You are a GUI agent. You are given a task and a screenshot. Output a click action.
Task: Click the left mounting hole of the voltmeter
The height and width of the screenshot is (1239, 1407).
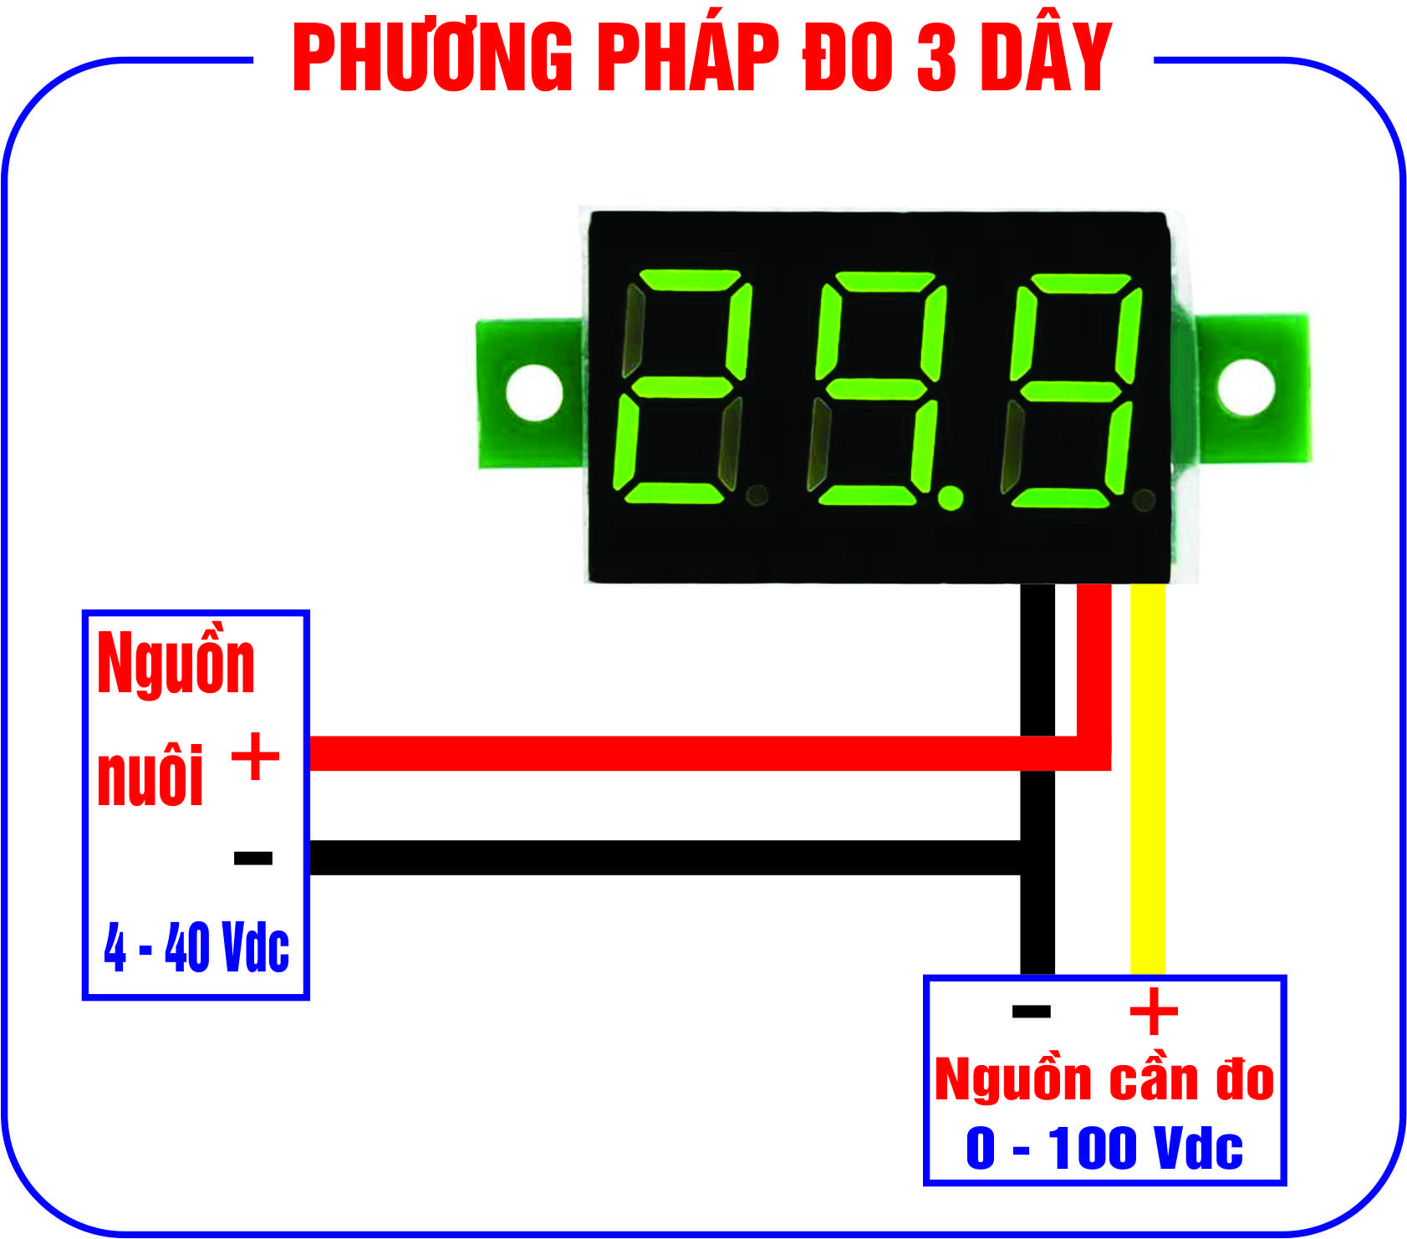click(x=534, y=390)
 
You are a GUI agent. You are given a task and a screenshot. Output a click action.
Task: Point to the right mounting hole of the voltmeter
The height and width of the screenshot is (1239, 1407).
click(x=1246, y=385)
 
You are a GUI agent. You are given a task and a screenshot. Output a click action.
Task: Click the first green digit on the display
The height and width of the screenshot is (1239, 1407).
click(x=682, y=387)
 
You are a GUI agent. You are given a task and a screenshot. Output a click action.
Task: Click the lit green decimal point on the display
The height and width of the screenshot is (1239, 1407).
click(x=950, y=498)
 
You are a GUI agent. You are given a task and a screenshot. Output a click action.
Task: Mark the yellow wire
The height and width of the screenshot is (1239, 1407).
click(x=1147, y=778)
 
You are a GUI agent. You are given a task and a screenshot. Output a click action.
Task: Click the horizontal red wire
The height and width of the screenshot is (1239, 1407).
click(x=669, y=752)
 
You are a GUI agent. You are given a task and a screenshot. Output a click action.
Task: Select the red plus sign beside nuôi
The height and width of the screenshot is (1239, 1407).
click(x=255, y=756)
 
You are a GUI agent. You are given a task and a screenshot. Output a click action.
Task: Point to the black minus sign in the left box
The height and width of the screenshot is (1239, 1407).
click(x=253, y=858)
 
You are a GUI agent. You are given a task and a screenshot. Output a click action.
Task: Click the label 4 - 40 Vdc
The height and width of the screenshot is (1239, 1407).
click(x=196, y=947)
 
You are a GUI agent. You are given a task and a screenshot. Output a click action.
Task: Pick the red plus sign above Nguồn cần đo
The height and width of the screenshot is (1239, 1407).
click(x=1154, y=1012)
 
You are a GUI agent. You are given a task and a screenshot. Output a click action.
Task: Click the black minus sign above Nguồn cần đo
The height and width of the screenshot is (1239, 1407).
click(x=1031, y=1012)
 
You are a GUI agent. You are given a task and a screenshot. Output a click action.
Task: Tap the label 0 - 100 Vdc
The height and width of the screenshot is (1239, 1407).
click(x=1104, y=1148)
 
